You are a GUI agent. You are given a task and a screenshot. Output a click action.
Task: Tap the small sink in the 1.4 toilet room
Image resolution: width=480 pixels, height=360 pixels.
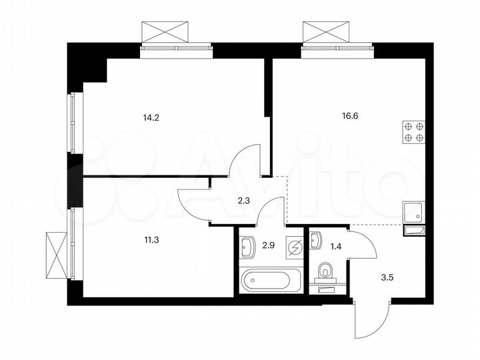coord(316,238)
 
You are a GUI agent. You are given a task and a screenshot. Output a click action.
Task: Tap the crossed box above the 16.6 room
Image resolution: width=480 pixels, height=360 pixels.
coord(327,31)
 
